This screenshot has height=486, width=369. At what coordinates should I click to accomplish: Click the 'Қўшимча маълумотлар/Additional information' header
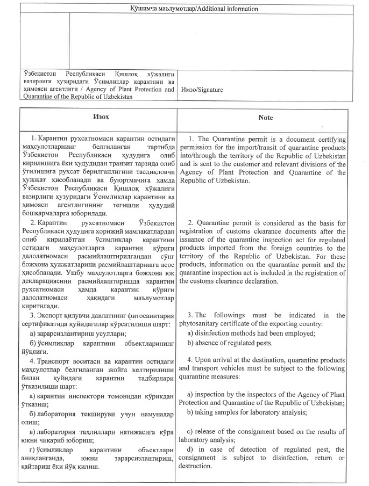(187, 9)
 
